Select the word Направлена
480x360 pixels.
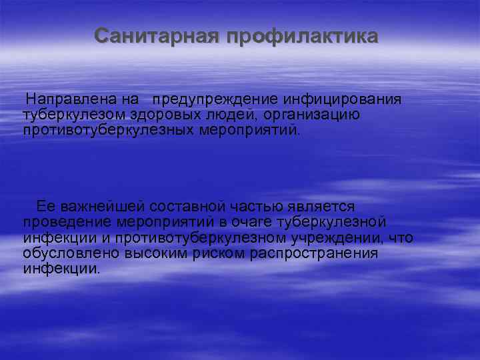[72, 99]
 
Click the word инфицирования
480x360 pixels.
[343, 99]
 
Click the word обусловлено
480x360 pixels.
[67, 253]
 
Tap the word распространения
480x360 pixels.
[319, 253]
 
